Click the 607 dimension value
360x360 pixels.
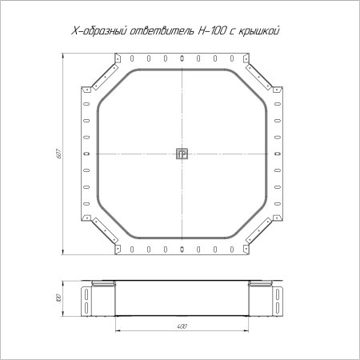[x=59, y=154]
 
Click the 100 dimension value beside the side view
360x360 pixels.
[x=59, y=298]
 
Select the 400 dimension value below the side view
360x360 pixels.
[x=182, y=326]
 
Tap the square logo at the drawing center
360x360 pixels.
[x=182, y=154]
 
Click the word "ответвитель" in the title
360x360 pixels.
[x=162, y=31]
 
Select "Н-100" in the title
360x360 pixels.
[x=210, y=31]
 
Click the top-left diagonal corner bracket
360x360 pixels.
[x=105, y=77]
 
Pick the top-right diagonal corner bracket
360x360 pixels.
[x=259, y=77]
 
